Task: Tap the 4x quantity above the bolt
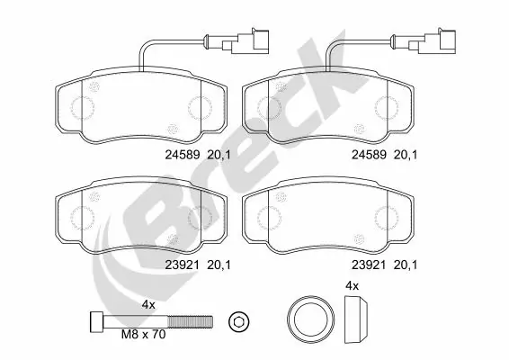pos(148,305)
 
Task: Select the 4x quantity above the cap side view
pos(353,286)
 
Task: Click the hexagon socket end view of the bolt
pos(237,321)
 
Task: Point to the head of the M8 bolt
pos(98,320)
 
